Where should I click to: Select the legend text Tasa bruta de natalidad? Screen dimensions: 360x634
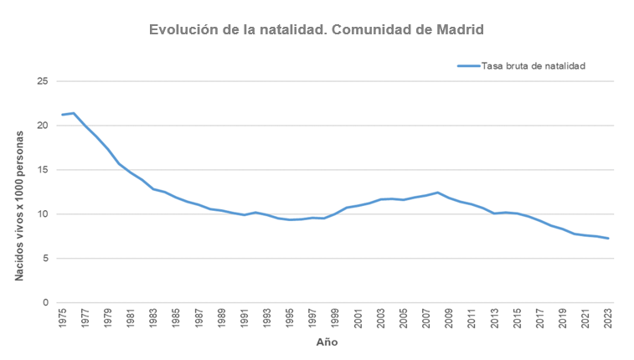tap(533, 65)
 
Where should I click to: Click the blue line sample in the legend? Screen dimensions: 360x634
tap(467, 65)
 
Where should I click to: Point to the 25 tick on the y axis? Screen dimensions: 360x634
tap(43, 81)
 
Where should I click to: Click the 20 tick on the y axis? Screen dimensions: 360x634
tap(43, 126)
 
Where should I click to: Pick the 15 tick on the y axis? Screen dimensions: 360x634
tap(43, 170)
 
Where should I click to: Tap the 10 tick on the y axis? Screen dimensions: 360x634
tap(43, 214)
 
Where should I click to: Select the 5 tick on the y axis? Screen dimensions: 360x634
tap(45, 258)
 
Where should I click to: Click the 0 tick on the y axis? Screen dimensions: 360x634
tap(45, 302)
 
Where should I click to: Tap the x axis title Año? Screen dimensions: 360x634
tap(327, 342)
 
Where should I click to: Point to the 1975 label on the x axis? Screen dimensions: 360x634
tap(63, 320)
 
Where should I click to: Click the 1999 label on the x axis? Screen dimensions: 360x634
tap(335, 320)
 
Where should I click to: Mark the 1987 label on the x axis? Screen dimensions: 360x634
tap(198, 320)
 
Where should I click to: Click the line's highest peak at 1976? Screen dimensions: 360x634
tap(75, 113)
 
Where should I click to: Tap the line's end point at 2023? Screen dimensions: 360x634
tap(607, 239)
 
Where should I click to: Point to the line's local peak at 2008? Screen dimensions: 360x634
tap(437, 193)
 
